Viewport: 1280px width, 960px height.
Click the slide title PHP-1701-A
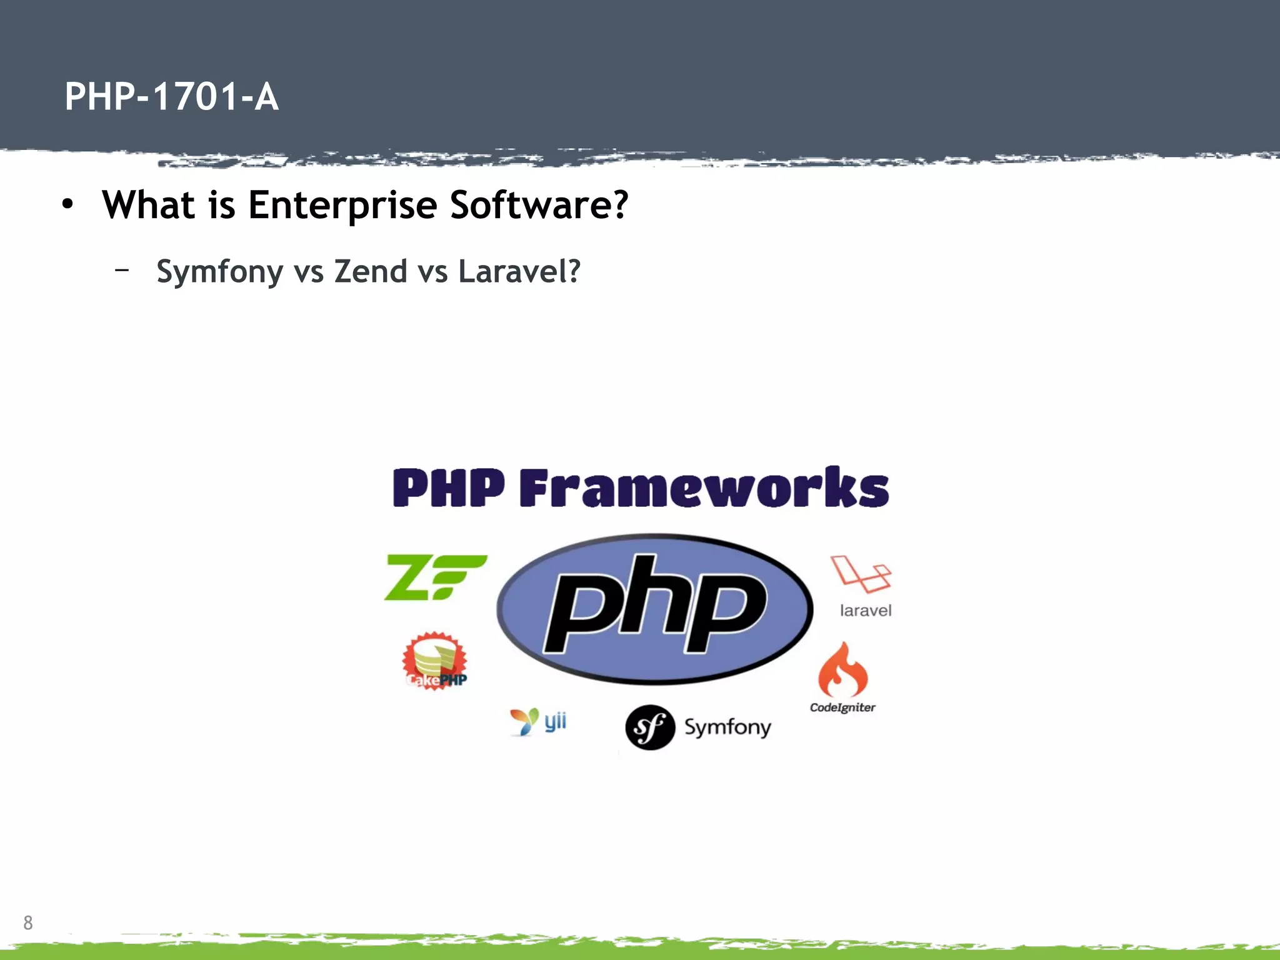(171, 97)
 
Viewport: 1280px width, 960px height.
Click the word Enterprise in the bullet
(342, 205)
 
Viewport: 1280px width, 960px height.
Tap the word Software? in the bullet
(539, 205)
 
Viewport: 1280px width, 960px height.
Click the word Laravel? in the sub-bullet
(519, 272)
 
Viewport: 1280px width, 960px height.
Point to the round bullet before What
(67, 204)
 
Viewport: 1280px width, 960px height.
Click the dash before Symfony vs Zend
(122, 270)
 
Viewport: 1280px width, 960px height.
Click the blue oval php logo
(654, 609)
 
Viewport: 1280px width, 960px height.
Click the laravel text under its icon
(865, 611)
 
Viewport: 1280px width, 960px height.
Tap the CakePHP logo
(435, 661)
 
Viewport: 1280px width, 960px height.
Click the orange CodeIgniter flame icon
(843, 670)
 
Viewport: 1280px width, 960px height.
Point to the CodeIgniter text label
(842, 707)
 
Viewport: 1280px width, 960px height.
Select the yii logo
(539, 722)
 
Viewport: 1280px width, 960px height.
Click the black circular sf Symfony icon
(650, 727)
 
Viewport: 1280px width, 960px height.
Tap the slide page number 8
(28, 922)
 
